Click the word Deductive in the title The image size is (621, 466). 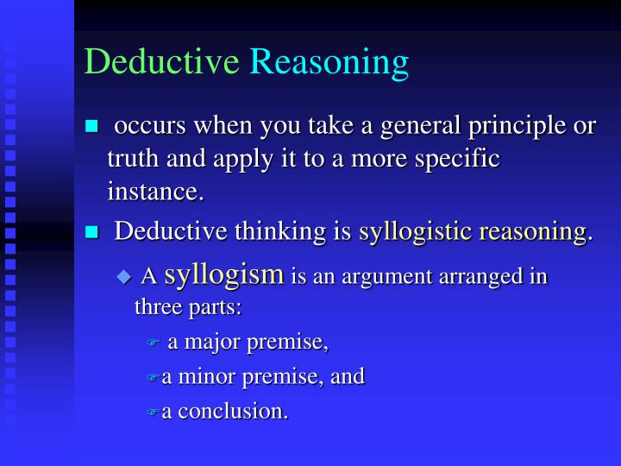click(161, 61)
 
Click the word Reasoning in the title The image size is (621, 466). click(329, 63)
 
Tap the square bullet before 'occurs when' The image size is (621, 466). click(92, 127)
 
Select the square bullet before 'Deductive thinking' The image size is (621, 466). click(92, 231)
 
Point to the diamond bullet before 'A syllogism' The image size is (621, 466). click(124, 276)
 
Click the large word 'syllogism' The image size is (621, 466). click(224, 275)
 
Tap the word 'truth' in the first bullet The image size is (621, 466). click(130, 159)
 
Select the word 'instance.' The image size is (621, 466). click(156, 191)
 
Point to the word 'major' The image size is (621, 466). click(210, 343)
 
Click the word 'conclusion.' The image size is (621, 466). click(233, 411)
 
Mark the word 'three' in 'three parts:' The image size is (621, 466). click(155, 307)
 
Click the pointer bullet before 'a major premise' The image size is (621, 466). click(154, 343)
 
